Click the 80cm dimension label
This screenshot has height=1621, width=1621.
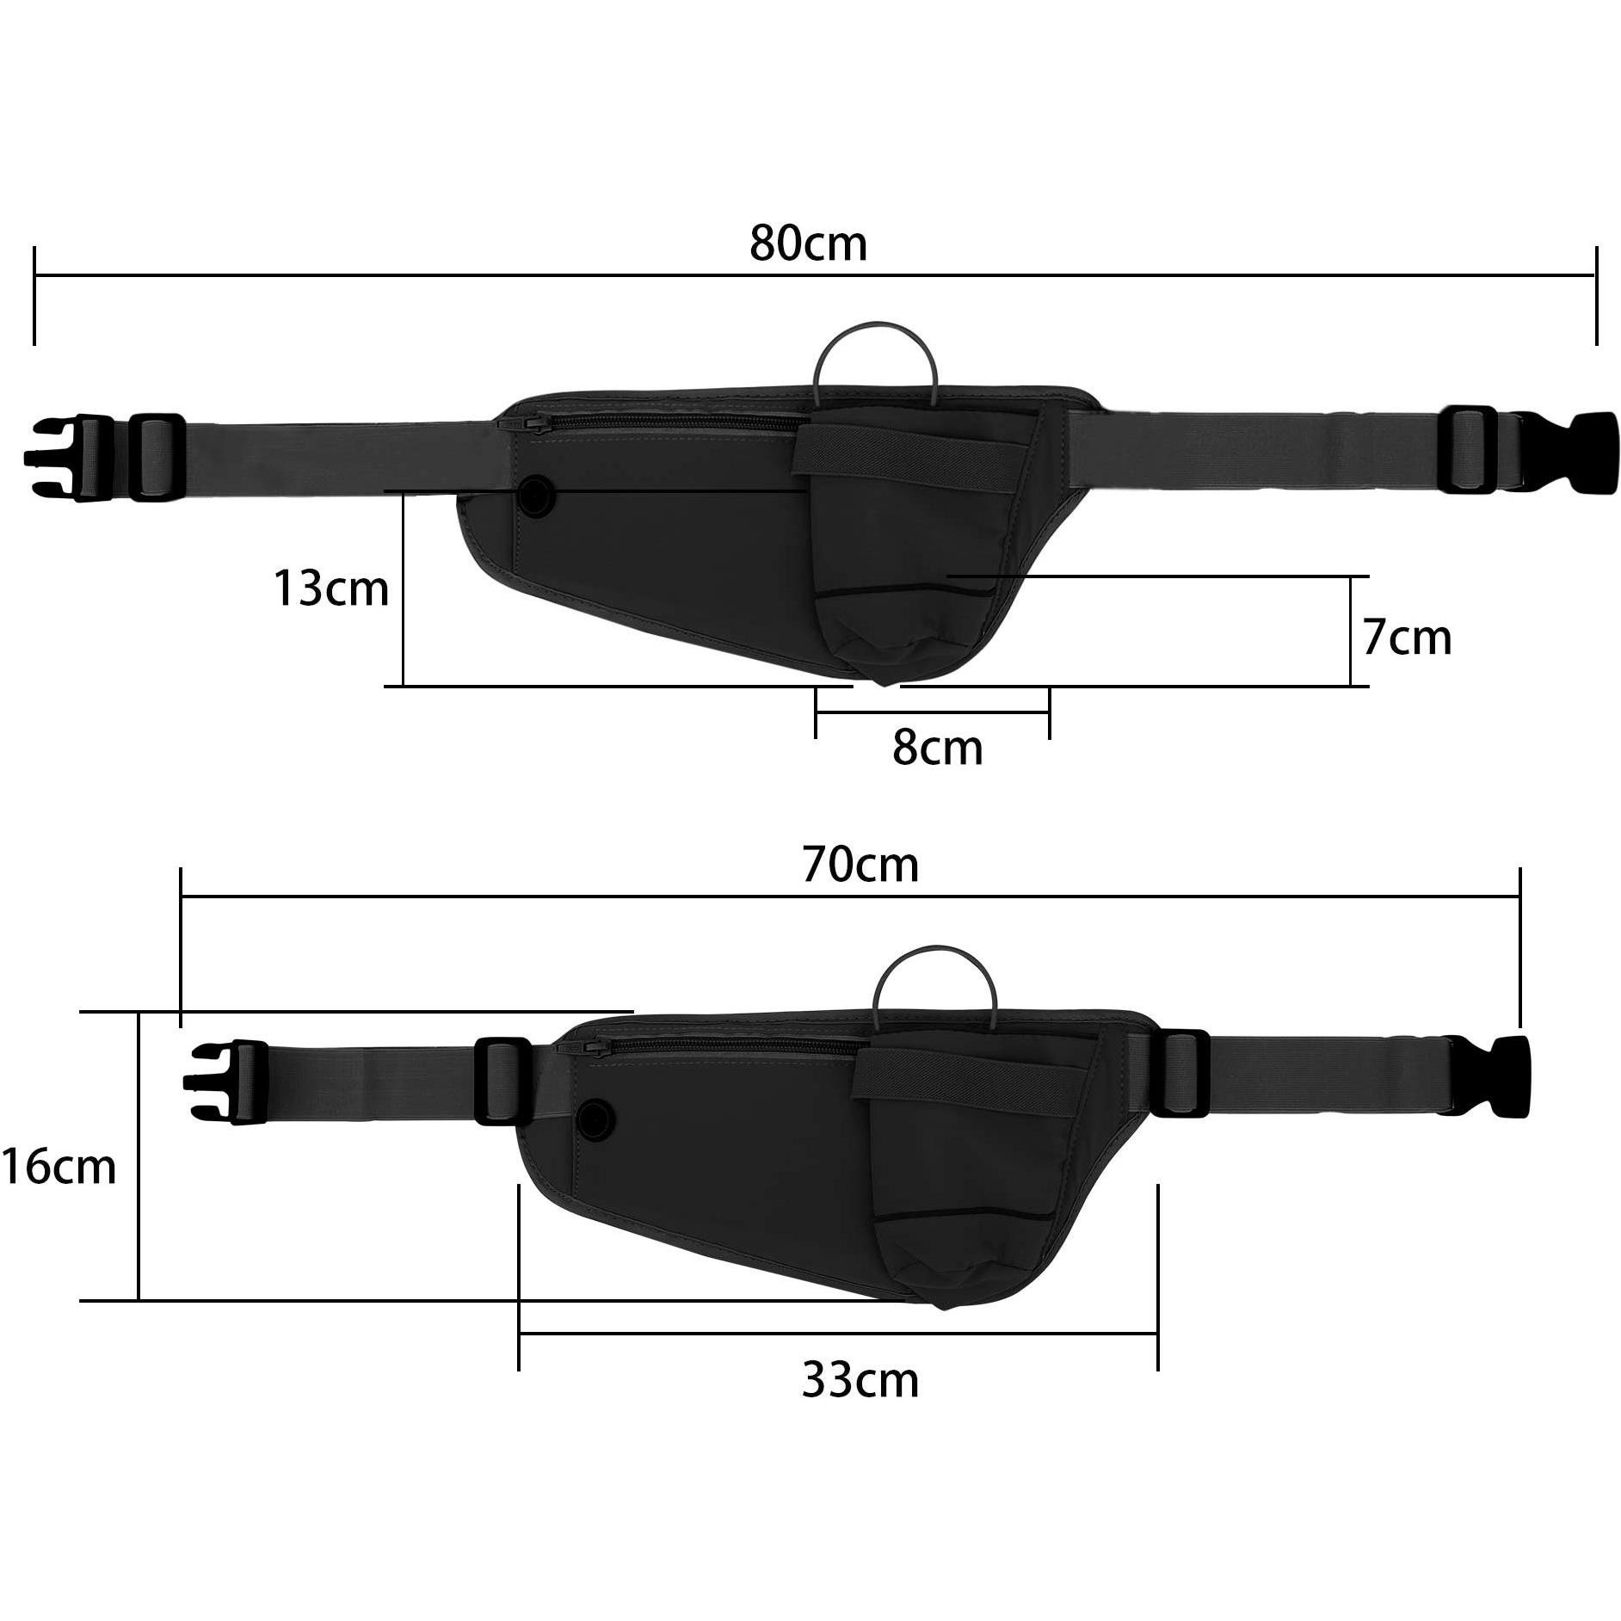click(808, 243)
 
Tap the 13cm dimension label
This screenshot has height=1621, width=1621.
click(331, 589)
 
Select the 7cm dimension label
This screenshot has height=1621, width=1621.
click(1407, 638)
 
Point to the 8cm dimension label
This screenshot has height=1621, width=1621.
click(937, 747)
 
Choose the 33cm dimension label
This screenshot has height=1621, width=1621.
click(860, 1380)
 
